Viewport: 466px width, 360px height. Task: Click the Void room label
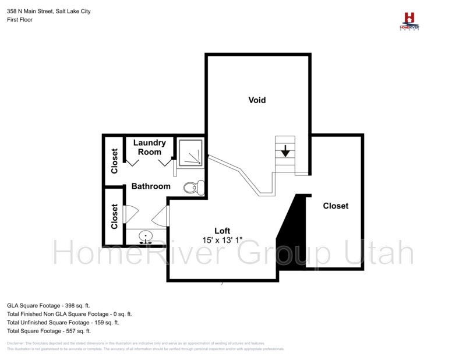[x=257, y=100]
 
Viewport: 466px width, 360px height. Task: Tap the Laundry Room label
[x=150, y=147]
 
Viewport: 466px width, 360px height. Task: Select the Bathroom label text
[x=151, y=186]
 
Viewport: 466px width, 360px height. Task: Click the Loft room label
[x=223, y=231]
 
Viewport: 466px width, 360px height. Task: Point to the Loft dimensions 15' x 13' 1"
[x=223, y=240]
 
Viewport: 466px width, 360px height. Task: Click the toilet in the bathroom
[x=193, y=187]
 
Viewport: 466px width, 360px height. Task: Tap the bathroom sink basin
[x=145, y=236]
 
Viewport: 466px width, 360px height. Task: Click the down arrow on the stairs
[x=285, y=151]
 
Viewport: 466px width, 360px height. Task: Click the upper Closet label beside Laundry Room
[x=114, y=161]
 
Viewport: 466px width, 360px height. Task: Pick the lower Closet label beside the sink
[x=114, y=216]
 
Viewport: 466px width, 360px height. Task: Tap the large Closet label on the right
[x=336, y=206]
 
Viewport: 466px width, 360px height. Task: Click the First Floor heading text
[x=20, y=20]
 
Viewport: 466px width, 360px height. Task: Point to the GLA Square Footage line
[x=48, y=305]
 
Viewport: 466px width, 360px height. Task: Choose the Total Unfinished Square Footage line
[x=63, y=322]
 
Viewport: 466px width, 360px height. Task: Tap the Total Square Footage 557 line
[x=49, y=331]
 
